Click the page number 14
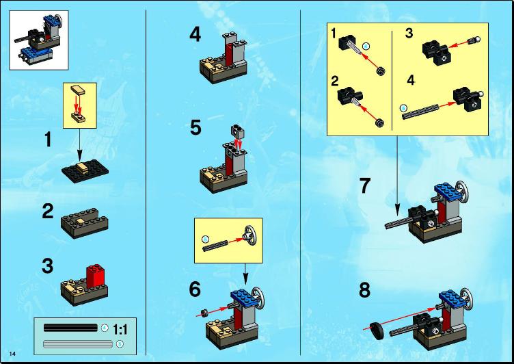click(x=12, y=354)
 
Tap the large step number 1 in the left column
click(x=48, y=140)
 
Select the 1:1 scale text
click(x=120, y=330)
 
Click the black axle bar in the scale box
click(x=70, y=328)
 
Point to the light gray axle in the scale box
click(x=78, y=344)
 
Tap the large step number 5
click(x=195, y=128)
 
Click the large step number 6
click(x=195, y=289)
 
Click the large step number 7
click(x=365, y=185)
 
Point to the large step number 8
click(x=364, y=290)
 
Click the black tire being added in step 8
click(x=377, y=331)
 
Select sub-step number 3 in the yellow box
click(x=409, y=33)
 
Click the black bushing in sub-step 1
click(x=381, y=70)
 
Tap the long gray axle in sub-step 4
click(x=420, y=111)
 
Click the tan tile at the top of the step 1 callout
click(x=77, y=89)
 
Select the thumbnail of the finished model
click(x=39, y=40)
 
